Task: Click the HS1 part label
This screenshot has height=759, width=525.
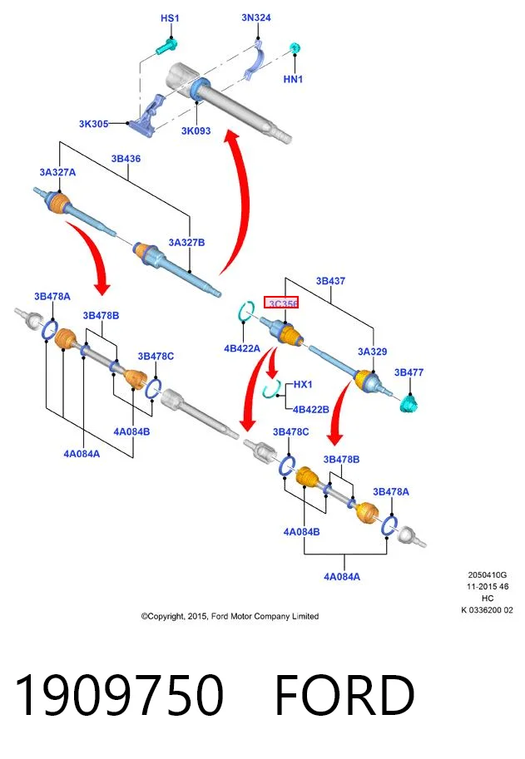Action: pyautogui.click(x=170, y=18)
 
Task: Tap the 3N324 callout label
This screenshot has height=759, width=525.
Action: pyautogui.click(x=256, y=17)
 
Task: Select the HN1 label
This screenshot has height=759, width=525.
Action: pyautogui.click(x=293, y=78)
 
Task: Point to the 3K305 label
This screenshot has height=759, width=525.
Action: pyautogui.click(x=93, y=123)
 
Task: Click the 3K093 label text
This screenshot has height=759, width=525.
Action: pyautogui.click(x=196, y=131)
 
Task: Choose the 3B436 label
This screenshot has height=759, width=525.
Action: pyautogui.click(x=126, y=158)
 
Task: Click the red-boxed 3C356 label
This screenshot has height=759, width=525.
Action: pyautogui.click(x=281, y=303)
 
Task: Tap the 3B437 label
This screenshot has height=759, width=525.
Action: pyautogui.click(x=330, y=281)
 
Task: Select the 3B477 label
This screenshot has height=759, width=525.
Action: pyautogui.click(x=409, y=372)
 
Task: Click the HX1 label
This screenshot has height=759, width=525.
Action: pyautogui.click(x=303, y=384)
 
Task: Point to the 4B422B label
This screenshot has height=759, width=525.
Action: pyautogui.click(x=311, y=410)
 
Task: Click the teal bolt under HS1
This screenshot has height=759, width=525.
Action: pyautogui.click(x=167, y=46)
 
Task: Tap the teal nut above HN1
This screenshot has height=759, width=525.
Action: pyautogui.click(x=295, y=48)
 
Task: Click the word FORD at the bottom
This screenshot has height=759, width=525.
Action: pyautogui.click(x=344, y=695)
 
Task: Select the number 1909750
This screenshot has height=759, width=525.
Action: pyautogui.click(x=119, y=695)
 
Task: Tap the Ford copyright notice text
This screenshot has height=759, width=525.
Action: pyautogui.click(x=230, y=616)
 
